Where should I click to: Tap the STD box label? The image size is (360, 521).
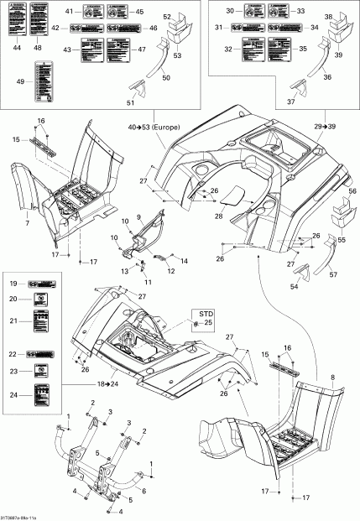(206, 312)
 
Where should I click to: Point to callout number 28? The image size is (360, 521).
(218, 216)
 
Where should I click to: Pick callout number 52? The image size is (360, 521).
(166, 17)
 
